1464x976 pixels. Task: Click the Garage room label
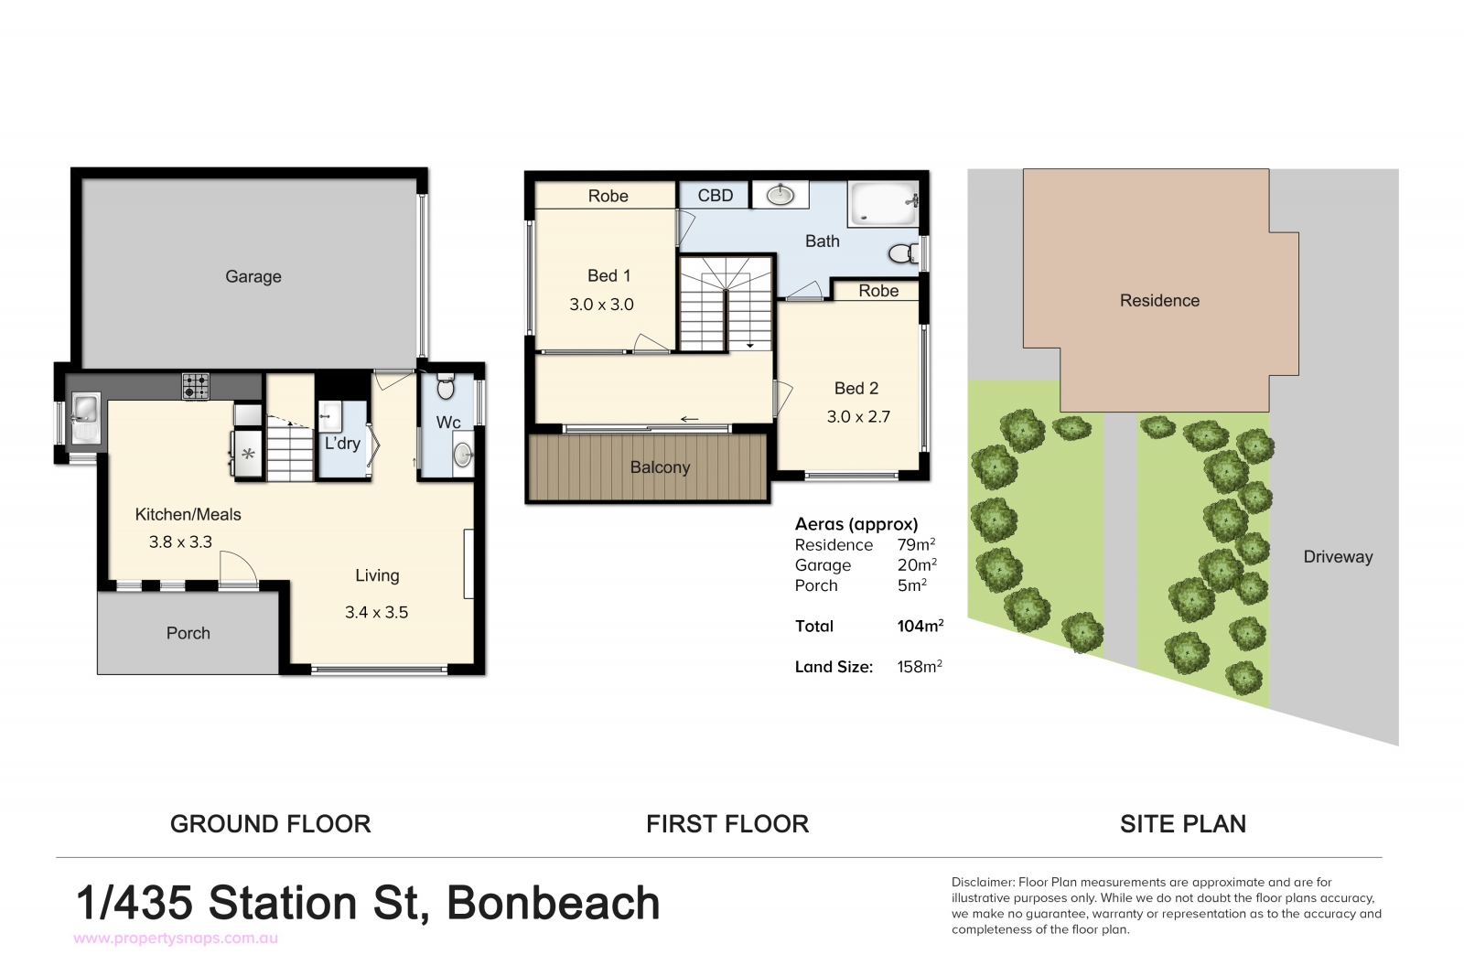253,277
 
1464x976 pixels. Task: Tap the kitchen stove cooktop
196,385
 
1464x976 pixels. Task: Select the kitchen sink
85,417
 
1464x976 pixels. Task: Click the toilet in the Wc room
446,386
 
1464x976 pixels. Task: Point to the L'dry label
342,444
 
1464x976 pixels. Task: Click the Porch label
188,633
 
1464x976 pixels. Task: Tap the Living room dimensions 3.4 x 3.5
376,612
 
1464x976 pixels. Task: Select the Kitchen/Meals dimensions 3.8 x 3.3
180,542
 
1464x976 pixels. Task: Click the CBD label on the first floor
715,196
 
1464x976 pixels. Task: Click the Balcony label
660,467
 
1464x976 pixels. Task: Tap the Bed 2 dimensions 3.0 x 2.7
858,417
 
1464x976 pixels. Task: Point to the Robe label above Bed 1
608,196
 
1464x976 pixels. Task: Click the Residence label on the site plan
1159,301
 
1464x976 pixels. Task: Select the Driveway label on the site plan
1338,556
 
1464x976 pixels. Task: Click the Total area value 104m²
920,626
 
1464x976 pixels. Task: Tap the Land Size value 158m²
920,666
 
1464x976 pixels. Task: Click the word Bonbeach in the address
553,903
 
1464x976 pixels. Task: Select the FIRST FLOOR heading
727,824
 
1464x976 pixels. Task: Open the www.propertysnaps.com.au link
176,938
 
